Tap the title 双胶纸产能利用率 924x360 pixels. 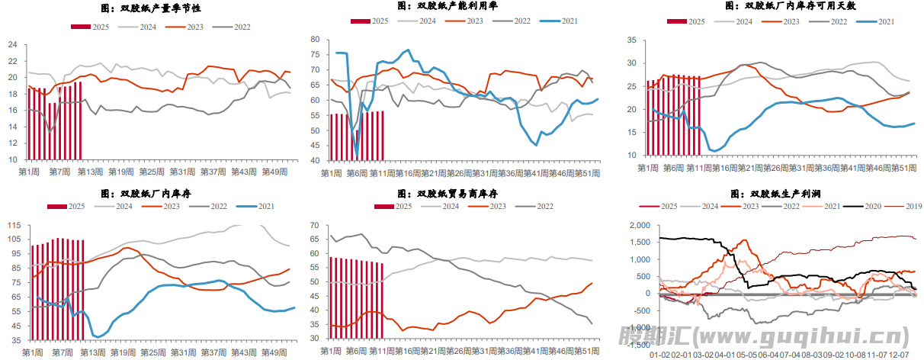coord(462,6)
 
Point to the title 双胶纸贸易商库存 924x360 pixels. coord(462,194)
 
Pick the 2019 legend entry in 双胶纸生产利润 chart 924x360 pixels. coord(910,207)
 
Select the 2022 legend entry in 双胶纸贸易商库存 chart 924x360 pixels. coord(541,207)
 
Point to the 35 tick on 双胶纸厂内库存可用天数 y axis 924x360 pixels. coord(630,38)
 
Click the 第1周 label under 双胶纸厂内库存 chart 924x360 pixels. coord(32,352)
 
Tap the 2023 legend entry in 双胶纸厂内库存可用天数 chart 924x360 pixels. coord(791,21)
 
